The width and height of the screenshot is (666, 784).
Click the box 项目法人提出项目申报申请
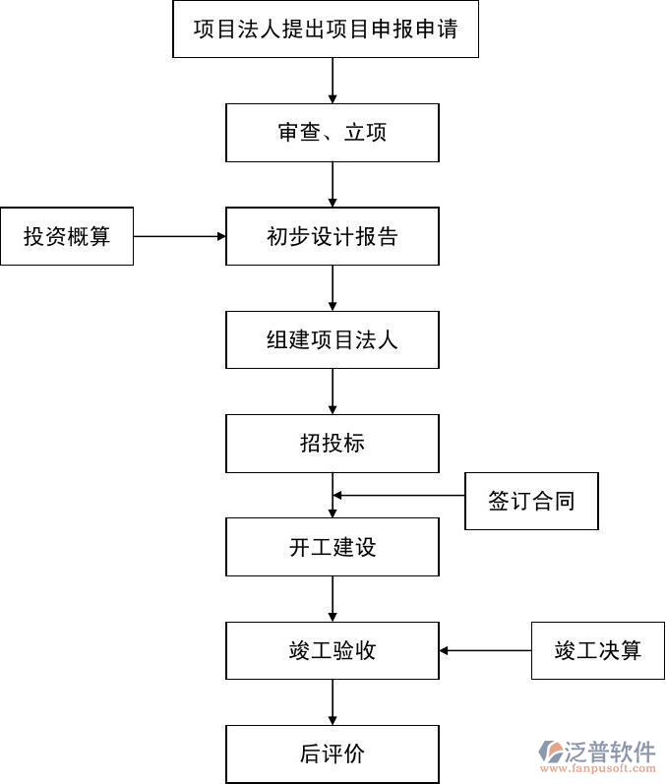[x=325, y=29]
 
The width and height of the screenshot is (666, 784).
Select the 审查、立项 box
[x=333, y=133]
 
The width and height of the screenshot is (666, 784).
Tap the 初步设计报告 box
[x=333, y=236]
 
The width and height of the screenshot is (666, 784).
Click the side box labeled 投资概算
[x=67, y=236]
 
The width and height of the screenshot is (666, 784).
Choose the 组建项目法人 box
[x=333, y=340]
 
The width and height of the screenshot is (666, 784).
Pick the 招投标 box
[x=333, y=444]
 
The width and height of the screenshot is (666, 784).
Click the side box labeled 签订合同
[x=531, y=501]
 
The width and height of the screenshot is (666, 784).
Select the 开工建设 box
[x=333, y=548]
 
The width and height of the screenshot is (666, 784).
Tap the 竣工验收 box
[x=333, y=650]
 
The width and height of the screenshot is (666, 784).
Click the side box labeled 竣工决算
[x=598, y=650]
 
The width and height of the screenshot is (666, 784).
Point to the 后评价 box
[x=333, y=754]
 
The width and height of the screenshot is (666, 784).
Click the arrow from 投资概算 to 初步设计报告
[x=179, y=236]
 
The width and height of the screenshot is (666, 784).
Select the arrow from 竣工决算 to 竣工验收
[x=485, y=650]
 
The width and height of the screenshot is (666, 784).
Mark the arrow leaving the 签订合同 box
[x=398, y=495]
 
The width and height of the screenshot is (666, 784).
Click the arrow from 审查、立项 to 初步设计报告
[x=333, y=184]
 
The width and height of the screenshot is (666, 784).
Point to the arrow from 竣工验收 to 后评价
[x=333, y=702]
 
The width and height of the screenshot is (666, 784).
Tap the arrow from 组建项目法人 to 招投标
[x=333, y=392]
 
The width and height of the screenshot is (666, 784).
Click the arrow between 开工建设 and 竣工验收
[x=333, y=599]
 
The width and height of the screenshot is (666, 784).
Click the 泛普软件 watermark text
[x=610, y=752]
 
